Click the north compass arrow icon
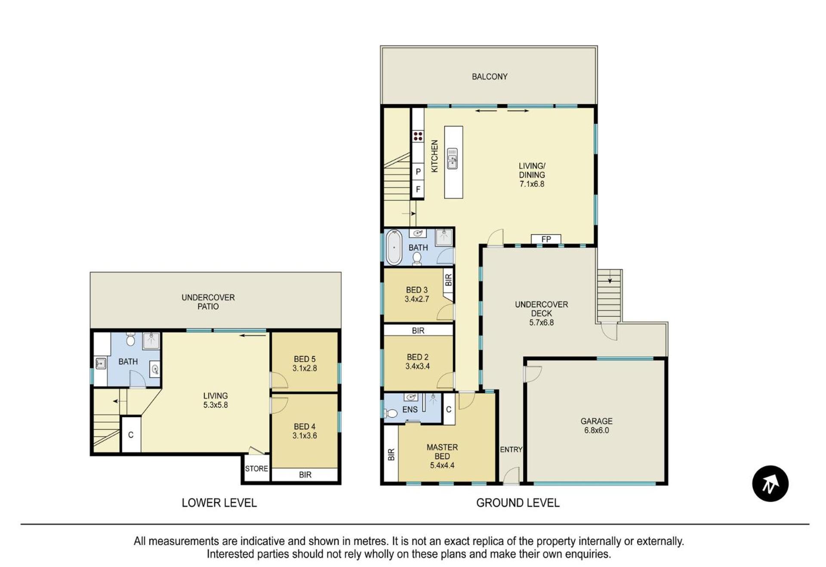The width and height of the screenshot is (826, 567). click(770, 484)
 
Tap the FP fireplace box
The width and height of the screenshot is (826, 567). click(546, 239)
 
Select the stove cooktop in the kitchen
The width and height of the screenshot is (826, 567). click(418, 136)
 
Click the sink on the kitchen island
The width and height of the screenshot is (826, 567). click(452, 158)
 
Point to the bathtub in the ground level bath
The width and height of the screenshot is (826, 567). click(394, 247)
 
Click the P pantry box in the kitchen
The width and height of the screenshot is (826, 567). click(418, 172)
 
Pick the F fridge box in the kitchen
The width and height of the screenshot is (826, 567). click(418, 189)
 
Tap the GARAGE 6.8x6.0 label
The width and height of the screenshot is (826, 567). click(596, 425)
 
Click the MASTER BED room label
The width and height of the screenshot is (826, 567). click(442, 452)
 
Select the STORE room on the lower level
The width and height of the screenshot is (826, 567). click(256, 468)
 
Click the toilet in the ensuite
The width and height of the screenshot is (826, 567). click(391, 414)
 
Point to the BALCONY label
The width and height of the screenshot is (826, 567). click(490, 77)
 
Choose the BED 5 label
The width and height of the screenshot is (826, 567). click(305, 359)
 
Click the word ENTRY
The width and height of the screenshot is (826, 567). click(511, 449)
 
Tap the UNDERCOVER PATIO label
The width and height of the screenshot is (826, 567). click(208, 302)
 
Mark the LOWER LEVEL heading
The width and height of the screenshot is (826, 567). click(219, 503)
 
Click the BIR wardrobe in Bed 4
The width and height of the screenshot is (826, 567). click(305, 474)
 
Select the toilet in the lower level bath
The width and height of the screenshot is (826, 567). click(131, 339)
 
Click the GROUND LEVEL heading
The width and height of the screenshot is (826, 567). click(518, 503)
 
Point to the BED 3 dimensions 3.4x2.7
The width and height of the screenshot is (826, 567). click(416, 299)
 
